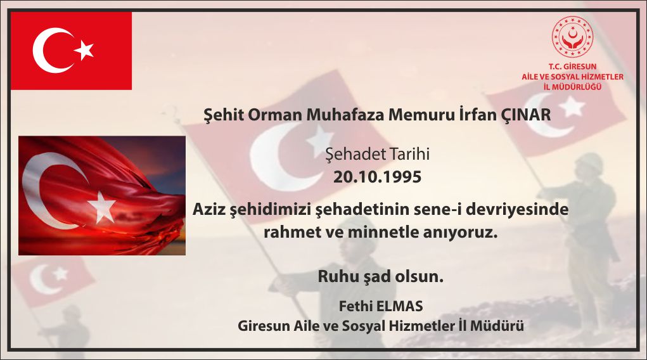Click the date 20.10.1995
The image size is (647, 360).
377,177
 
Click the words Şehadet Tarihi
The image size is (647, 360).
377,154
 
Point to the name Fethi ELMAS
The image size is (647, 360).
381,306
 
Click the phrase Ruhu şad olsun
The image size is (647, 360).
380,276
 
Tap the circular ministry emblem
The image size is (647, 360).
572,37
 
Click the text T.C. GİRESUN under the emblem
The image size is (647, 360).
572,66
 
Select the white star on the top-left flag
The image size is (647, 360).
84,50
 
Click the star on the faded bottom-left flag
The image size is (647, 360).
60,273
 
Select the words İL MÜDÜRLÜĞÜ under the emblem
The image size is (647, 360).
572,87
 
